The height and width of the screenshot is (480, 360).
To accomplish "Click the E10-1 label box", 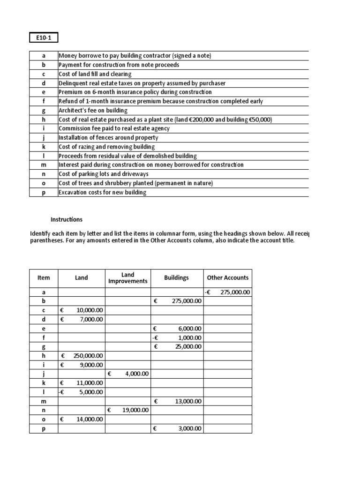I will (44, 37).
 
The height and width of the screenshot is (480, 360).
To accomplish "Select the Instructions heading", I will (67, 219).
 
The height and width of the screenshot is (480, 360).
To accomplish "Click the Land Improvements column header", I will (127, 278).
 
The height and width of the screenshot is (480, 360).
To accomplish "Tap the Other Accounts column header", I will (227, 278).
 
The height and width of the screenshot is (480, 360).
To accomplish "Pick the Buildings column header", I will (176, 278).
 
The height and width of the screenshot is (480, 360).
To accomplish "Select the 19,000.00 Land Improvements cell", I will (133, 410).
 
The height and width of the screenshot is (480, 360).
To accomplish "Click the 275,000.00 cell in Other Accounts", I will (231, 292).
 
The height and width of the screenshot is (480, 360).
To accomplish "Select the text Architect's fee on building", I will (93, 110).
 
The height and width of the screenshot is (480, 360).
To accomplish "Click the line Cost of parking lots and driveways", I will (102, 174).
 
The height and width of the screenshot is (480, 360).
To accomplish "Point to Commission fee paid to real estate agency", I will (114, 128).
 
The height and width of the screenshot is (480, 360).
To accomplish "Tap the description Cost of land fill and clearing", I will (95, 74).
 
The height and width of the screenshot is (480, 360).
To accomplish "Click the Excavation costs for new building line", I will (102, 192).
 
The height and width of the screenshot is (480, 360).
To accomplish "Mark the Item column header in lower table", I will (43, 278).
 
